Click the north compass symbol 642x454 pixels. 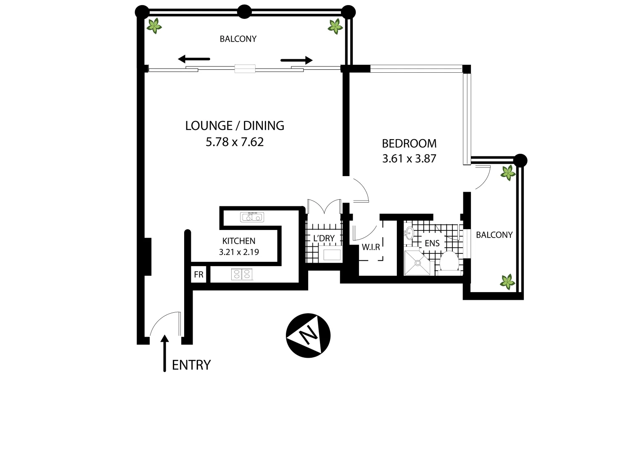tap(308, 335)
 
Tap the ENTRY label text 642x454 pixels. tap(191, 365)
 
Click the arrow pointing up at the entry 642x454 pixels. tap(165, 353)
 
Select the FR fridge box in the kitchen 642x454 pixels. tap(199, 275)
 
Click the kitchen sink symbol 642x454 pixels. tap(252, 217)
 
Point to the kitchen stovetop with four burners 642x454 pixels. tap(242, 275)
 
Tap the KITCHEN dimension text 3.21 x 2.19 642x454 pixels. tap(239, 252)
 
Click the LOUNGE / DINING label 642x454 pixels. tap(235, 125)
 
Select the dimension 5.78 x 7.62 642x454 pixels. tap(235, 142)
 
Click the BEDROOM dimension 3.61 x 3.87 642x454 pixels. tap(409, 159)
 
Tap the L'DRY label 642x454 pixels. tap(324, 238)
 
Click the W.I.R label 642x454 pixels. tap(371, 247)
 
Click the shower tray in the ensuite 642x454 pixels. tap(418, 263)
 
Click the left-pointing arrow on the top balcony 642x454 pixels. tap(193, 59)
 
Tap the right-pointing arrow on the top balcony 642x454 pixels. tap(297, 60)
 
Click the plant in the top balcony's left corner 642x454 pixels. tap(154, 26)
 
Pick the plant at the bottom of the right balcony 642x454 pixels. tap(508, 282)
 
